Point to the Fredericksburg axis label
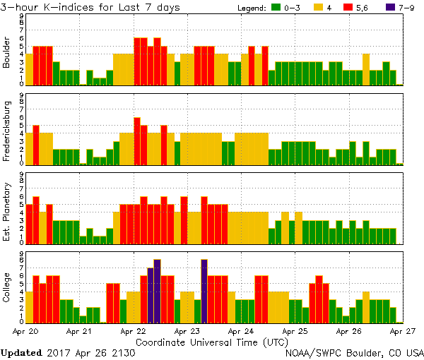point(7,129)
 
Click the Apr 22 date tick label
point(133,330)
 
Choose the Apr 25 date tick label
point(295,330)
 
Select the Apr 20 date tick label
point(25,330)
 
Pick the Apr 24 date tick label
point(241,330)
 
